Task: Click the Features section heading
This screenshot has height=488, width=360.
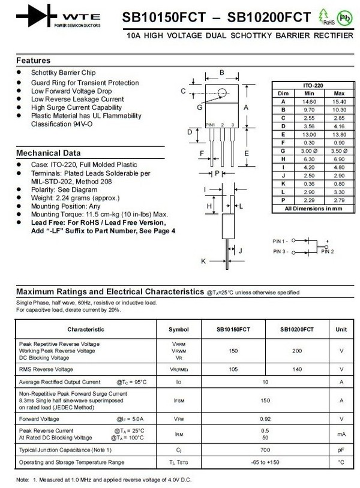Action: (33, 61)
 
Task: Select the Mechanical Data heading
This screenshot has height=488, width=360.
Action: (48, 153)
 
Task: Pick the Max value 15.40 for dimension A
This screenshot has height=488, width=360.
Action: (339, 101)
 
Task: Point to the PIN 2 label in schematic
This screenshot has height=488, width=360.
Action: (327, 252)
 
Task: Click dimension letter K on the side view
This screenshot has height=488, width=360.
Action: (203, 261)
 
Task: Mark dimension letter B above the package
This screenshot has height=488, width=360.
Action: (221, 73)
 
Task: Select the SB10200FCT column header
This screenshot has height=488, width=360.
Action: (298, 329)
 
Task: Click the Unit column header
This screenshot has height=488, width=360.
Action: (341, 329)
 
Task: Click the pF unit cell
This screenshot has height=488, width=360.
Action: (341, 448)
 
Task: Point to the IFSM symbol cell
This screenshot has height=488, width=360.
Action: (179, 400)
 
